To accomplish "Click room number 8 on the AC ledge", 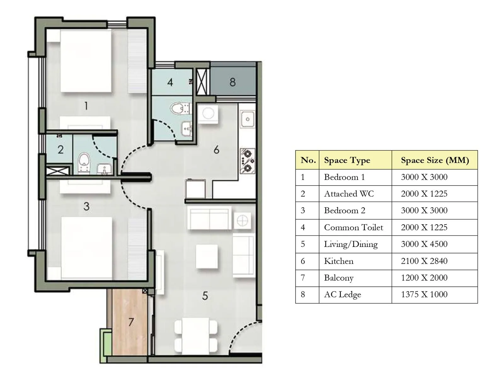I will click(232, 82).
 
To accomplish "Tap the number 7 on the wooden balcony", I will click(131, 322).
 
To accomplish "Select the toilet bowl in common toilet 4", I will click(177, 108).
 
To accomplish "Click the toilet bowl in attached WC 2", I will click(84, 160).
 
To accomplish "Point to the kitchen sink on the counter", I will click(248, 119).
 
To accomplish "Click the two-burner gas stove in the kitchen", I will click(248, 161).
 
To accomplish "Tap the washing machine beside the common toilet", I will click(208, 113).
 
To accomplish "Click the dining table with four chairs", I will click(196, 335).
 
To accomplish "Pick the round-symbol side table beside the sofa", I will click(242, 220).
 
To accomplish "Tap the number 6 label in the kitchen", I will click(216, 150).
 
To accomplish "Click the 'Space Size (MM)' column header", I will click(435, 160).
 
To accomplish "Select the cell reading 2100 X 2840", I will click(424, 261).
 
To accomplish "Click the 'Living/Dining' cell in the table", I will click(351, 244).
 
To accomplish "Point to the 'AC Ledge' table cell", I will click(342, 295).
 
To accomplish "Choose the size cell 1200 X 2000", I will click(424, 278).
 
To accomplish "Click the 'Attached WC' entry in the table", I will click(349, 194).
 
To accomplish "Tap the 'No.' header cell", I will click(308, 160).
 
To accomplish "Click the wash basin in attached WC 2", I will click(104, 169).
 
